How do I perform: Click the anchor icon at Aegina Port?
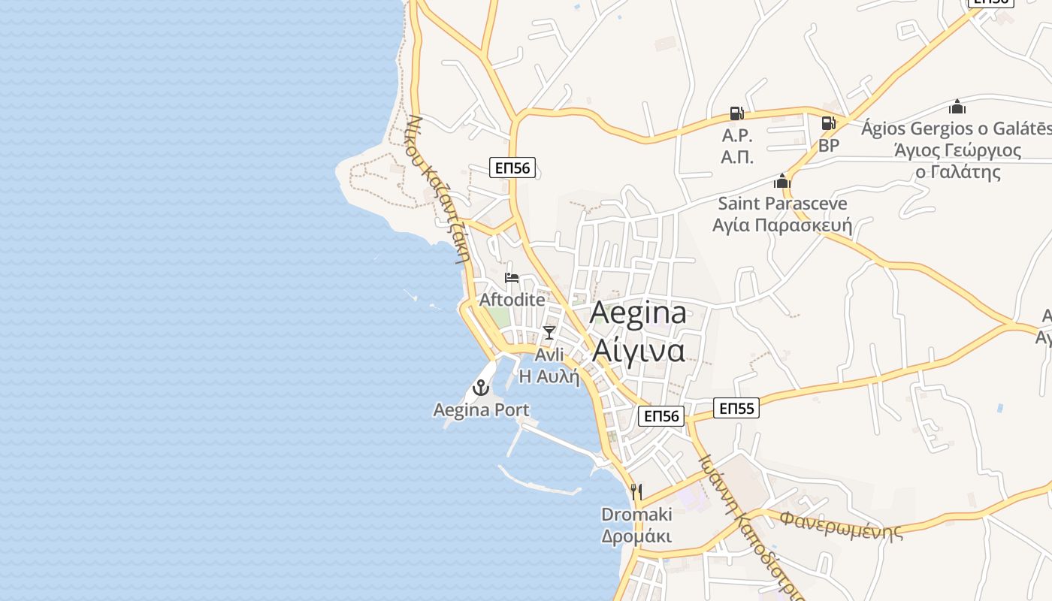click(480, 388)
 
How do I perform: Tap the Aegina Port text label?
click(481, 410)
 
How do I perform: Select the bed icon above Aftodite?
click(512, 278)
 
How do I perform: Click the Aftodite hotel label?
click(512, 299)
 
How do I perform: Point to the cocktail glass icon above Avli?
click(549, 332)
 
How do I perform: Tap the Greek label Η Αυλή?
click(549, 376)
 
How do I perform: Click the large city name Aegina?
click(638, 313)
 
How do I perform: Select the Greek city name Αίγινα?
click(638, 350)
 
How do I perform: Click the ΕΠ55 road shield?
click(736, 408)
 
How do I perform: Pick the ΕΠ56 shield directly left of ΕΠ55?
click(661, 416)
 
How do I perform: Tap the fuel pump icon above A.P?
click(737, 114)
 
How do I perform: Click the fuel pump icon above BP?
click(828, 123)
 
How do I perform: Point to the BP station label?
click(829, 145)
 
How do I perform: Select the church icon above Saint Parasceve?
click(782, 181)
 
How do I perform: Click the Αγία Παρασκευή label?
click(782, 225)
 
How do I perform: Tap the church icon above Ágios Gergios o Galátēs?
click(957, 107)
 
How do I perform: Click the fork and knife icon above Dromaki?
click(636, 492)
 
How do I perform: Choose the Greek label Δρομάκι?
click(636, 536)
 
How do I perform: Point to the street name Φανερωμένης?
click(840, 524)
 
